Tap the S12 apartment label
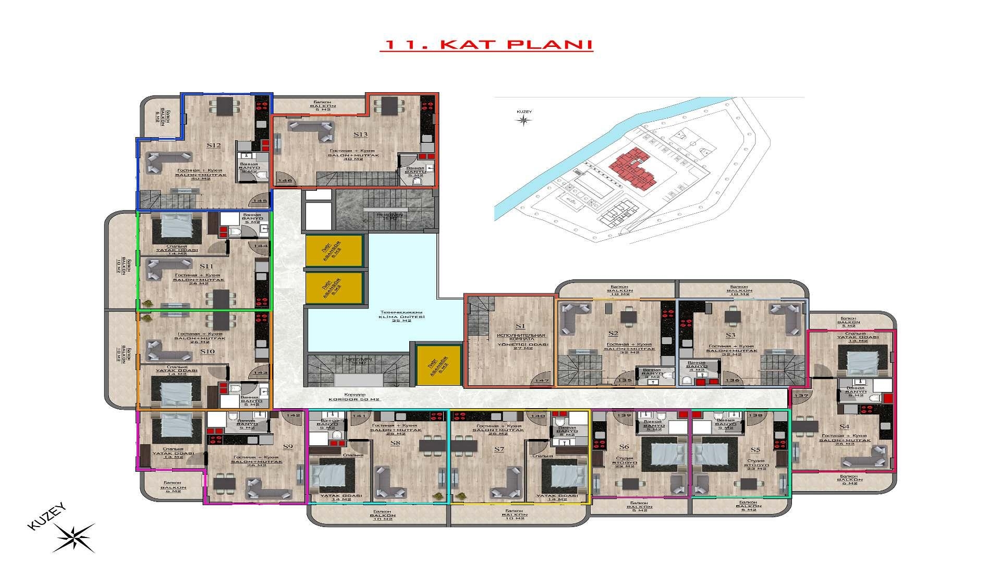(214, 145)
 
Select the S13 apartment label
(360, 134)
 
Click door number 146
(285, 180)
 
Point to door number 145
(260, 201)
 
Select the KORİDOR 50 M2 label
(355, 399)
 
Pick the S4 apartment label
(844, 426)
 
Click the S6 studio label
(624, 447)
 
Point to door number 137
(801, 396)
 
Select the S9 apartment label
(288, 446)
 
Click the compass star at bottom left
(74, 537)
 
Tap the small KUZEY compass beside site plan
(523, 120)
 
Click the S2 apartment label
(613, 333)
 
